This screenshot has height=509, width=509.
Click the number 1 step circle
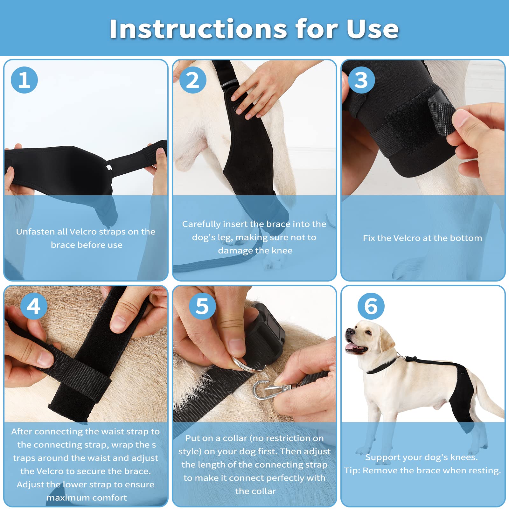pyautogui.click(x=24, y=80)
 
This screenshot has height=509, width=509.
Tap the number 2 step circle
pyautogui.click(x=193, y=80)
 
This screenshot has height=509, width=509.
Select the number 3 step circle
pyautogui.click(x=361, y=80)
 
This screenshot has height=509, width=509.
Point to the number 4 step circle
pyautogui.click(x=34, y=306)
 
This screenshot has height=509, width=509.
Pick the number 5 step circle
pyautogui.click(x=202, y=306)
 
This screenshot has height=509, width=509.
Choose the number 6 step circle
pyautogui.click(x=371, y=306)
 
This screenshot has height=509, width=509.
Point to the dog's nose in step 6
pyautogui.click(x=349, y=331)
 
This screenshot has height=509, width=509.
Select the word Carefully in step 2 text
pyautogui.click(x=201, y=224)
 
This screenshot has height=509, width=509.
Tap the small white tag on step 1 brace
pyautogui.click(x=109, y=167)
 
